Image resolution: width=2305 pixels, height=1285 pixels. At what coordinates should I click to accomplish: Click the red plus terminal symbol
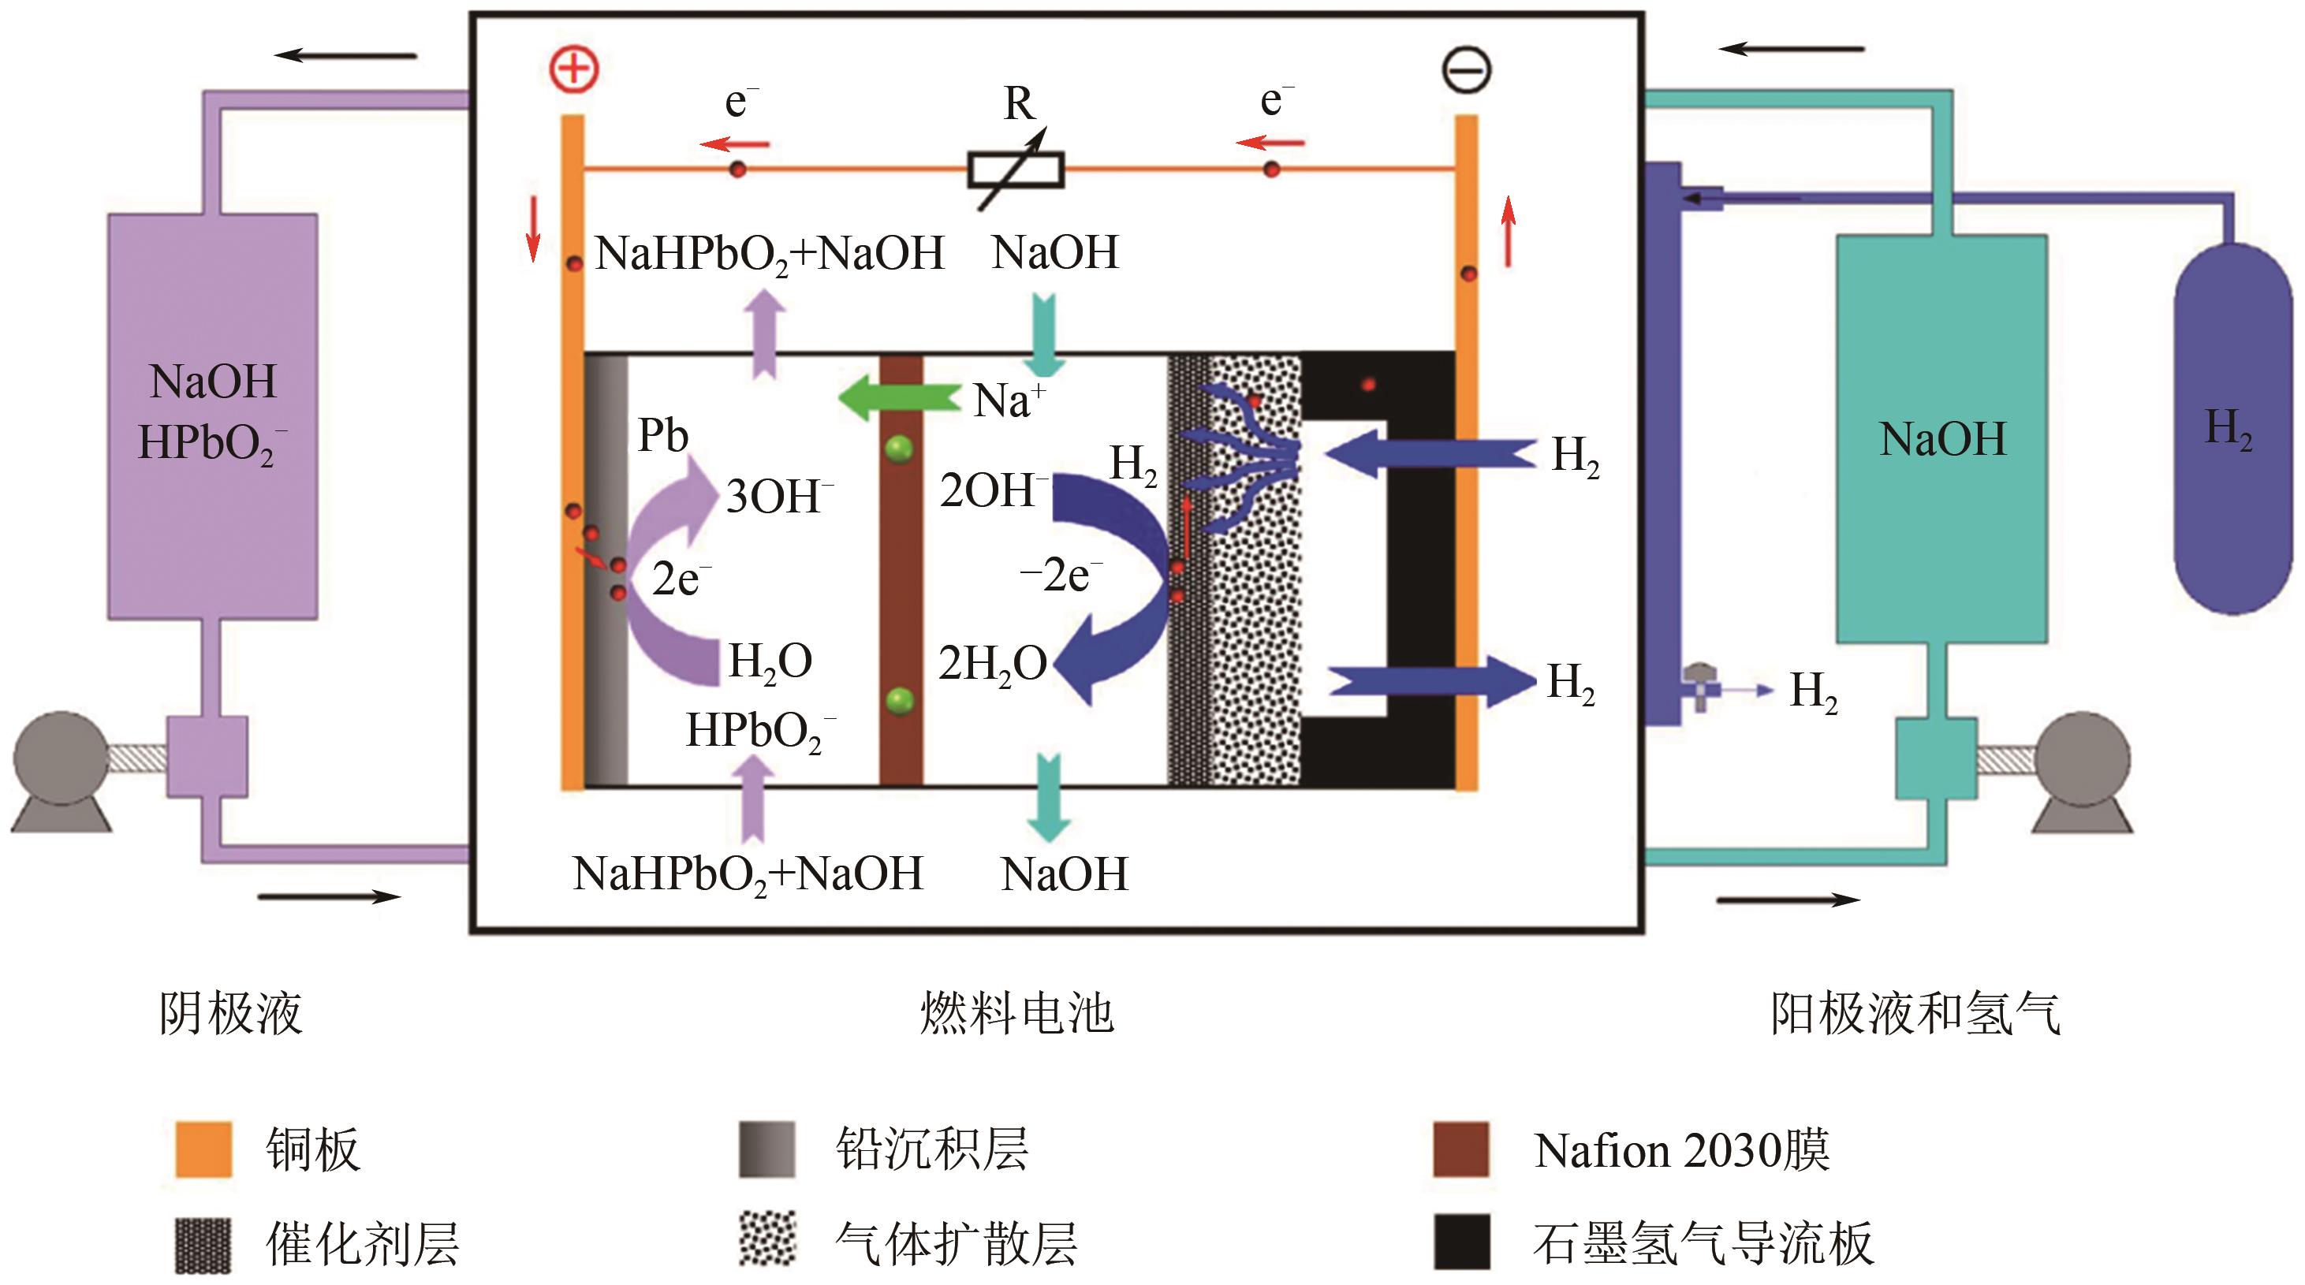573,69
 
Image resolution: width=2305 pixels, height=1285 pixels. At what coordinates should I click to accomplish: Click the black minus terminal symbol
1466,71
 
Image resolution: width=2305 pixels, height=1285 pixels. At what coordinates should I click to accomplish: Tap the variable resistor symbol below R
1016,169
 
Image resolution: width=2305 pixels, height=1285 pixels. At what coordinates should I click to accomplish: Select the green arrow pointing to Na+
898,397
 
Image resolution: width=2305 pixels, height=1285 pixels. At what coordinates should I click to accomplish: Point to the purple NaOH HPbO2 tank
213,416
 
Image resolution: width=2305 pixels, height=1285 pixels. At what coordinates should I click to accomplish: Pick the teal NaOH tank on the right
1941,438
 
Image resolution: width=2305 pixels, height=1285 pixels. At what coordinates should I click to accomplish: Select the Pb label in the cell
662,436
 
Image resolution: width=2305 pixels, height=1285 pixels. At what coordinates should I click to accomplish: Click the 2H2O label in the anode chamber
991,664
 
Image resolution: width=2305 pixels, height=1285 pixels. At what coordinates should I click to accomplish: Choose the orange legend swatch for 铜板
203,1148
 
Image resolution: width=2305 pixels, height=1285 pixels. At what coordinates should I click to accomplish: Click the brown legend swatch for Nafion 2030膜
1460,1148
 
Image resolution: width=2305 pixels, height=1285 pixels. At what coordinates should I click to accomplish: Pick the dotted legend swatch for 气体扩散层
766,1239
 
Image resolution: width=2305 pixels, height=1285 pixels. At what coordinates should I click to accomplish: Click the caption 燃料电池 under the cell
1016,1013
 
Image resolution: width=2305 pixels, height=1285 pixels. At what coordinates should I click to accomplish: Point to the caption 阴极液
231,1013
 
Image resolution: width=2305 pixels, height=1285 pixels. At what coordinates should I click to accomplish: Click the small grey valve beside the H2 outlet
1699,684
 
